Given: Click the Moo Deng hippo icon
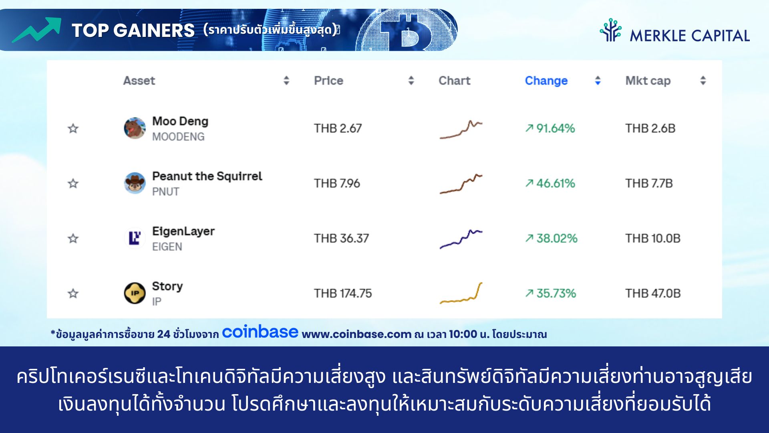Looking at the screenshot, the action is tap(135, 128).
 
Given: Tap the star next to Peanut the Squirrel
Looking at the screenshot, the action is tap(73, 184).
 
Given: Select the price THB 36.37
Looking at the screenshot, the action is tap(341, 238).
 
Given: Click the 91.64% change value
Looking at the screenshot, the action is tap(550, 128).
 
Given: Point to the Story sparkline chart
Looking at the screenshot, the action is tap(461, 293).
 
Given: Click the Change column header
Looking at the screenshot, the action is tap(546, 81).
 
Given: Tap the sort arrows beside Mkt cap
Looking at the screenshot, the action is tap(703, 81).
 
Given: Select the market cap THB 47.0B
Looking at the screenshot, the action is tap(653, 293).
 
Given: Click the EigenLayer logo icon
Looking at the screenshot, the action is tap(135, 238).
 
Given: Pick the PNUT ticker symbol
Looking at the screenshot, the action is tap(165, 192).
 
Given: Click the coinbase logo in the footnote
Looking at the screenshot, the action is tap(260, 332).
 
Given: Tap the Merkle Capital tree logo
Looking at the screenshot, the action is tap(610, 30).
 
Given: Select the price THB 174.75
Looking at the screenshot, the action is tap(343, 293).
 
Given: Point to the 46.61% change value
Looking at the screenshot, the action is tap(550, 183).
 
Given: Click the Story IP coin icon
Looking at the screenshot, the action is tap(135, 293).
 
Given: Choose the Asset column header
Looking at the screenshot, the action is tap(139, 81).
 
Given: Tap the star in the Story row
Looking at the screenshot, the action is tap(73, 293).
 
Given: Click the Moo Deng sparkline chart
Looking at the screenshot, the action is tap(461, 129).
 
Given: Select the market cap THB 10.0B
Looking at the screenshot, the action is tap(653, 238).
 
